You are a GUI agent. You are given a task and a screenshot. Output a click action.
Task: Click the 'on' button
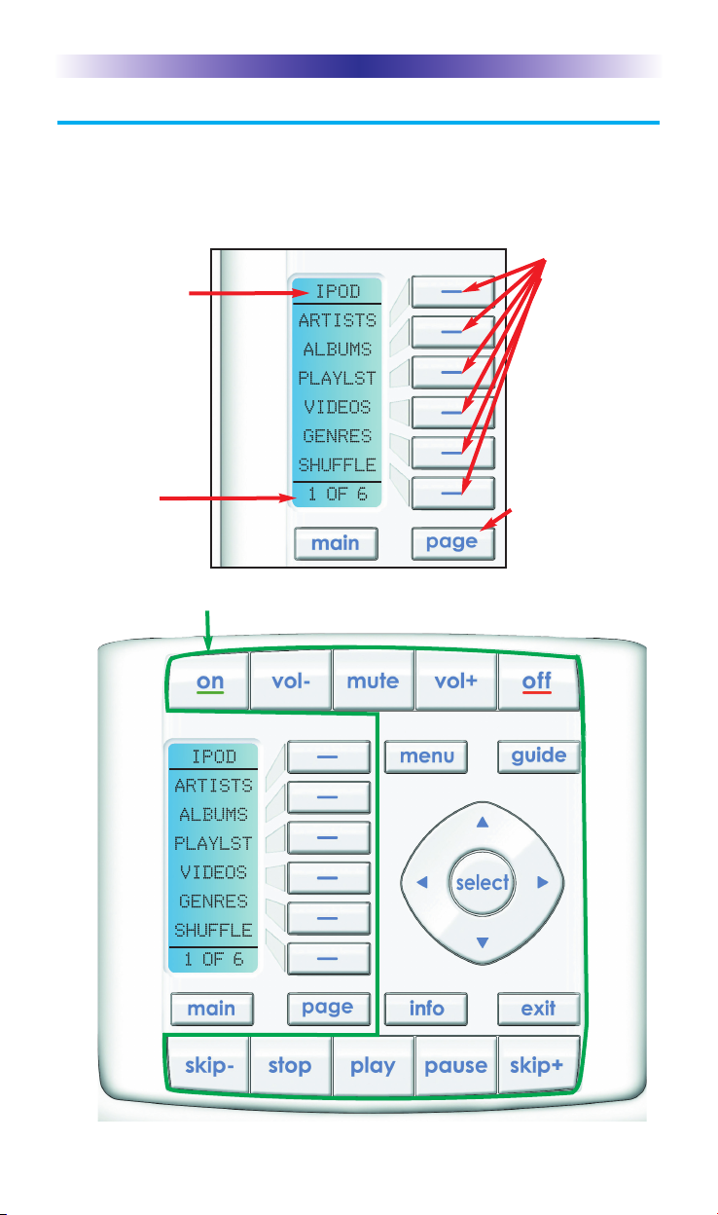point(209,682)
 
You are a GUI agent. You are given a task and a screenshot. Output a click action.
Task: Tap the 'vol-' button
point(291,682)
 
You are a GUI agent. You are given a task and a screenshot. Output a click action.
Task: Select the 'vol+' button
point(455,682)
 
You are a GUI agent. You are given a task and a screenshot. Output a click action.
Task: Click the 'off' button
point(537,682)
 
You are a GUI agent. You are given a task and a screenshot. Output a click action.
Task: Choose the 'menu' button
point(426,755)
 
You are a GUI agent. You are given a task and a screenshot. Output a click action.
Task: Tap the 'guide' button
point(539,755)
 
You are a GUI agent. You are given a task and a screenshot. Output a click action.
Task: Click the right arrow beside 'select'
point(543,883)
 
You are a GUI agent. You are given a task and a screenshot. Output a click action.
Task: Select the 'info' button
point(426,1009)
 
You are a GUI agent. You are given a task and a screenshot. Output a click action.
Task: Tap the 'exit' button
point(539,1009)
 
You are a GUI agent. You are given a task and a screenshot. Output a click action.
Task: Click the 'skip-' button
point(208,1065)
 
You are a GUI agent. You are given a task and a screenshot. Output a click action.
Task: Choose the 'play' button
point(373,1065)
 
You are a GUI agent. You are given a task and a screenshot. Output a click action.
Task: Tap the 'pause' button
point(455,1065)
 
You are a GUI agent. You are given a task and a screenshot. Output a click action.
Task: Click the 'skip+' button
point(538,1065)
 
